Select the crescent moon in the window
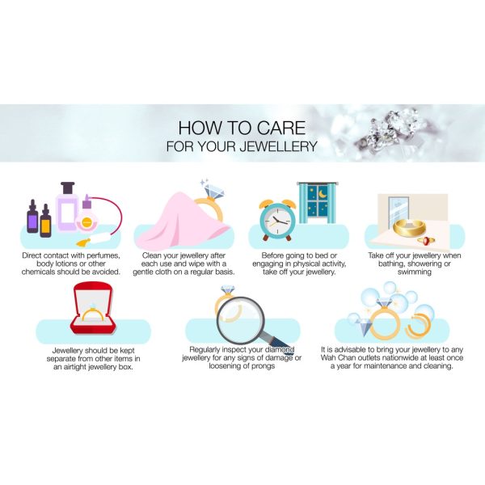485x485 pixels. [322, 194]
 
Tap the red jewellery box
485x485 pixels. [93, 309]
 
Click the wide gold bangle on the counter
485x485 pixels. [409, 227]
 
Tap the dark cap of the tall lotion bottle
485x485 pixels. [68, 188]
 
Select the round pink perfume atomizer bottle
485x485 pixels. [86, 220]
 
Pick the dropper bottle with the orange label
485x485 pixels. [45, 221]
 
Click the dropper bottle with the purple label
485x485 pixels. [32, 217]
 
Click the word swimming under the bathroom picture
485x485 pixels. [415, 272]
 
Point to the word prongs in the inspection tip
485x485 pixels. [264, 366]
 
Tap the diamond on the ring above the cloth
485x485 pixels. [213, 191]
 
